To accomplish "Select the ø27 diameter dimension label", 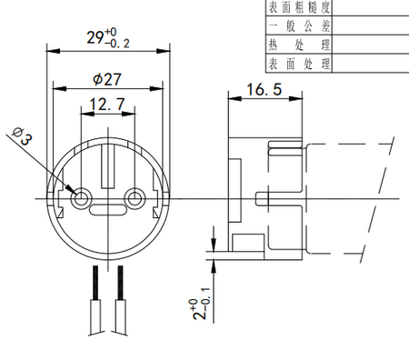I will [108, 79].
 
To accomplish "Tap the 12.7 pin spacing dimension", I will [108, 106].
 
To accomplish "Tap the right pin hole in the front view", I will [136, 197].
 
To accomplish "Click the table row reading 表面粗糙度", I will [298, 7].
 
